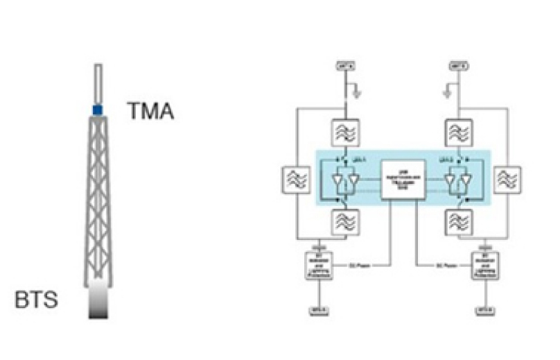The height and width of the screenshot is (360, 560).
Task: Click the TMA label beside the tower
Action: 150,110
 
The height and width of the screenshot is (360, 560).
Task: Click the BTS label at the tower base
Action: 37,301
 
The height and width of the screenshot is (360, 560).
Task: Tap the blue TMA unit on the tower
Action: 98,110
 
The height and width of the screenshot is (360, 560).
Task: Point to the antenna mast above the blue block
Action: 98,83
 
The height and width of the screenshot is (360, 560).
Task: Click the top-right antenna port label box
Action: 459,67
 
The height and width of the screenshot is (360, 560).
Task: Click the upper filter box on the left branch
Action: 345,132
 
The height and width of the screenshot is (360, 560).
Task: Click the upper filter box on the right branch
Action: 459,132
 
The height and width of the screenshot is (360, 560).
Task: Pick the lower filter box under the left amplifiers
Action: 345,223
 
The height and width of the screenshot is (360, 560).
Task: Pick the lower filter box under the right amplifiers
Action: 459,223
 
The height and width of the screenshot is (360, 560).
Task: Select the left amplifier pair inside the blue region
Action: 345,181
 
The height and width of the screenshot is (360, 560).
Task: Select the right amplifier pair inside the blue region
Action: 459,181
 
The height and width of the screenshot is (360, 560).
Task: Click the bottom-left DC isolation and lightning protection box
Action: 321,266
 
